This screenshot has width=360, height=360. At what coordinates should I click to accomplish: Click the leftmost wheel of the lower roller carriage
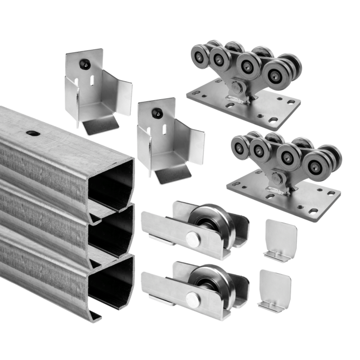(241, 146)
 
